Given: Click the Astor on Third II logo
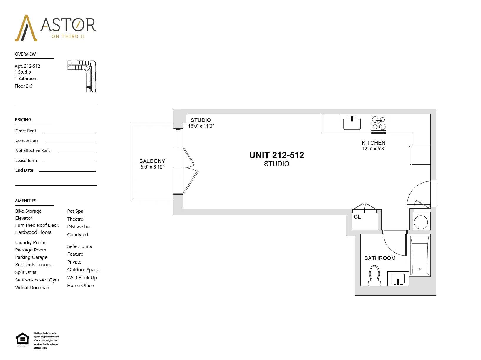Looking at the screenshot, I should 55,28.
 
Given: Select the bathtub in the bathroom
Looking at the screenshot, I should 419,255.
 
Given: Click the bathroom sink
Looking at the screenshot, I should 398,278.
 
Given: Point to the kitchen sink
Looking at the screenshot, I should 352,123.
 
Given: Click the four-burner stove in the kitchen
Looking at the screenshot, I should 379,123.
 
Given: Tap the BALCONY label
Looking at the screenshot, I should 152,161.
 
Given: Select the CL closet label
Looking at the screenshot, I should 357,217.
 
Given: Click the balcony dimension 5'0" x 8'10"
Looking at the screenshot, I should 152,167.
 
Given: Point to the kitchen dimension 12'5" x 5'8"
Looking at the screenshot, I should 374,149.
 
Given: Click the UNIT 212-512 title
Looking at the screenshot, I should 277,155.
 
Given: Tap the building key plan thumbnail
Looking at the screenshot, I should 82,76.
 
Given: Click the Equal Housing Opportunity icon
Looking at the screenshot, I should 23,339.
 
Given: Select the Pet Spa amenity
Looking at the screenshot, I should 75,211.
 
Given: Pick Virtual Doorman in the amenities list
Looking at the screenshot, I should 32,288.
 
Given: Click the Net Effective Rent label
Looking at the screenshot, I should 33,151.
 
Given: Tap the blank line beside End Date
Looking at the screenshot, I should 67,171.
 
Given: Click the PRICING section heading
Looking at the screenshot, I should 23,120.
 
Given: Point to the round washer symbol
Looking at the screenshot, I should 421,222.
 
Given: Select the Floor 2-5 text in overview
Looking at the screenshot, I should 24,86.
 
